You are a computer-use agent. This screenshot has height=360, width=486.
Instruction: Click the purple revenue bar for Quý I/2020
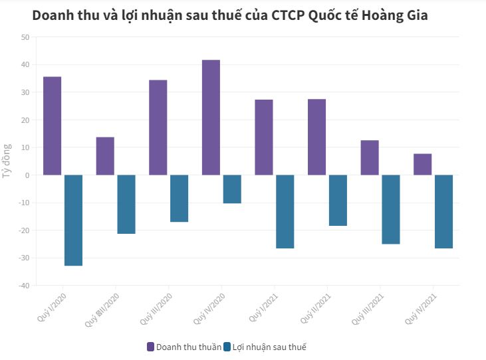[x=52, y=126]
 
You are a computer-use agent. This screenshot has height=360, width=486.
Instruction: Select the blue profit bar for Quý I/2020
[x=73, y=221]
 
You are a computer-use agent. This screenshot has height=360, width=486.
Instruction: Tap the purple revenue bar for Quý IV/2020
[x=211, y=118]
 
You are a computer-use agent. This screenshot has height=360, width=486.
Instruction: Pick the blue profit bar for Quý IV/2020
[x=232, y=189]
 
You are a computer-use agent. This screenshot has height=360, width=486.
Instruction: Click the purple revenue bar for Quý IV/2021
[x=422, y=164]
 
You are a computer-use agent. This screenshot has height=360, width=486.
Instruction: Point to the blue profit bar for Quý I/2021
[x=285, y=212]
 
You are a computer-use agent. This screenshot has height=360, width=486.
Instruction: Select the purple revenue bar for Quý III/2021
[x=370, y=157]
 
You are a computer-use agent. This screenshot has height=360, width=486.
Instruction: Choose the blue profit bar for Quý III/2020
[x=179, y=199]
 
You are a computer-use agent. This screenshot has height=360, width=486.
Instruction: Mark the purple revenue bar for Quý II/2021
[x=316, y=137]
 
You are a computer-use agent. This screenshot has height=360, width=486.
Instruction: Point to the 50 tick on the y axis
[x=25, y=37]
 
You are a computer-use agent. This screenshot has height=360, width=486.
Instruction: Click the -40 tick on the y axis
[x=23, y=286]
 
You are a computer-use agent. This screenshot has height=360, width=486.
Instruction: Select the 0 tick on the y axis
[x=27, y=175]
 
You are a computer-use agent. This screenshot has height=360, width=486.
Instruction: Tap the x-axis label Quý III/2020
[x=157, y=310]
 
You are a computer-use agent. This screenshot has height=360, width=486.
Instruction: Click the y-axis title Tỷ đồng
[x=7, y=161]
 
